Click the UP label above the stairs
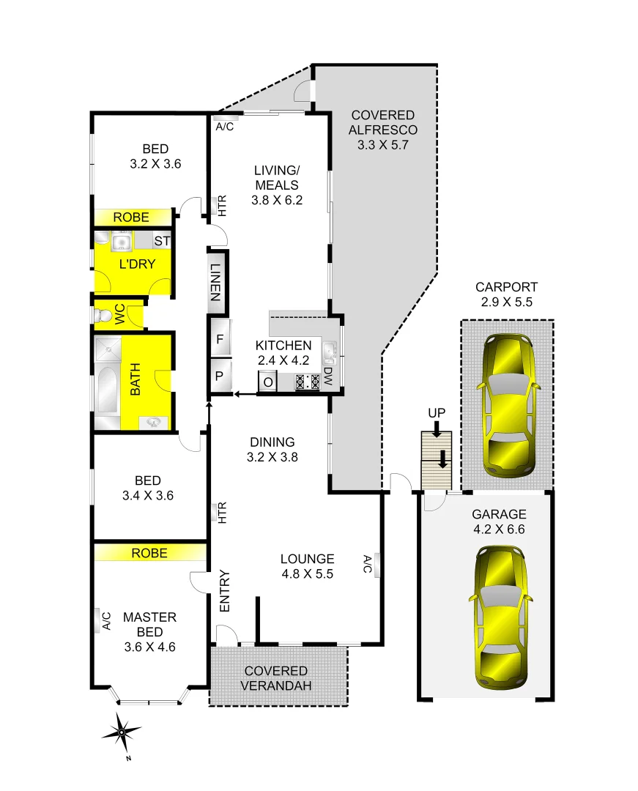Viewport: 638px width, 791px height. pos(437,413)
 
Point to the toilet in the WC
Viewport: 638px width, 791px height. pos(102,315)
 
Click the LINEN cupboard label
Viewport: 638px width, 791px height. pos(216,282)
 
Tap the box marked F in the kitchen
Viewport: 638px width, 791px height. pos(220,339)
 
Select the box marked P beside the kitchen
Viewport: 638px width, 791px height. pos(220,376)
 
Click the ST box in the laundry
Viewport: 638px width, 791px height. pos(162,240)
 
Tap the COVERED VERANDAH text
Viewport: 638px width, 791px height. pos(275,678)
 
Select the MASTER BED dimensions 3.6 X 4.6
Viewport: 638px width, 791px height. pos(149,647)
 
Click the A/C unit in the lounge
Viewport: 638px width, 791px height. pos(376,564)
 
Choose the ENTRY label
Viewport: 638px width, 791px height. pos(225,591)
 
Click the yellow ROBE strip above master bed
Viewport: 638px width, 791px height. pos(149,553)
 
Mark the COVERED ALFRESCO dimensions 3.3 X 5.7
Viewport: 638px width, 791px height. pos(382,145)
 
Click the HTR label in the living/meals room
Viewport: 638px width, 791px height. pos(220,206)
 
